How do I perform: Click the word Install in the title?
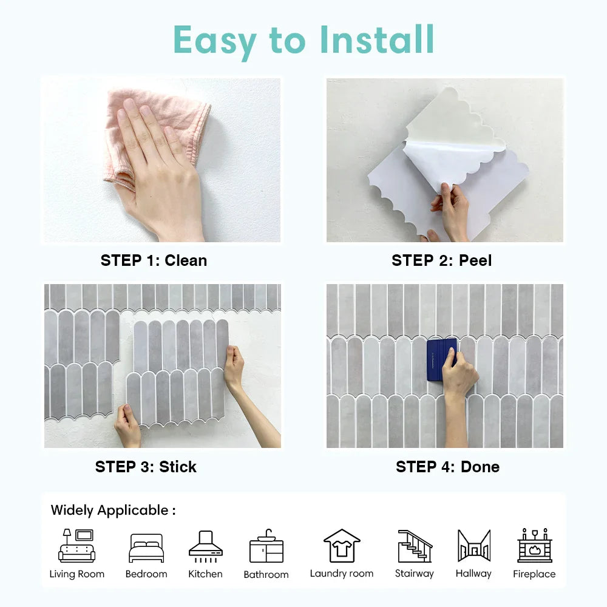377,39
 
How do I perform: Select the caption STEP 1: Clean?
154,260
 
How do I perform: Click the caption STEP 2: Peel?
442,260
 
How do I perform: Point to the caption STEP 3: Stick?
146,467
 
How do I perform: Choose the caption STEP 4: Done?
447,467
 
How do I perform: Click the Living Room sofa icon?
76,546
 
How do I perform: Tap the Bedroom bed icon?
146,548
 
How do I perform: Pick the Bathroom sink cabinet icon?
266,546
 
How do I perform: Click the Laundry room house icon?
342,546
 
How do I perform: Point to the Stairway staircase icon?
415,546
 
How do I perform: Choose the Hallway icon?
474,546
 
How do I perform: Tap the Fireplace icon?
535,545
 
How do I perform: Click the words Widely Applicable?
109,510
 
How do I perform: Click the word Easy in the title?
214,41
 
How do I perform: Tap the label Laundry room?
342,574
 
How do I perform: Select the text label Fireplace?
534,574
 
